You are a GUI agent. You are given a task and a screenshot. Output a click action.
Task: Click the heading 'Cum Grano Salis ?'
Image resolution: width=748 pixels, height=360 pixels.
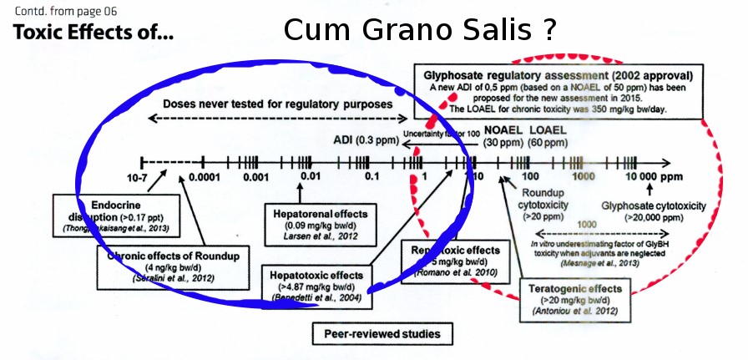pos(419,29)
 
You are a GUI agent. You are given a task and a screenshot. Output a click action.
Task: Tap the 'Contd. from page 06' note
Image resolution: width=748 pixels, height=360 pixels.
pos(64,11)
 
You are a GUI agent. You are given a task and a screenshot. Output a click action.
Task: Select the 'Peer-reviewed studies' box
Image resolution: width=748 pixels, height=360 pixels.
pos(382,335)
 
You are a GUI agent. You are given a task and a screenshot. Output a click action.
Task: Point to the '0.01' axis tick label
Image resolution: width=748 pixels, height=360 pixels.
pos(311,177)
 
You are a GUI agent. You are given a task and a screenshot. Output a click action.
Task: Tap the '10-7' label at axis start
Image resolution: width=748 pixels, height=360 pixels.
pos(139,177)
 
